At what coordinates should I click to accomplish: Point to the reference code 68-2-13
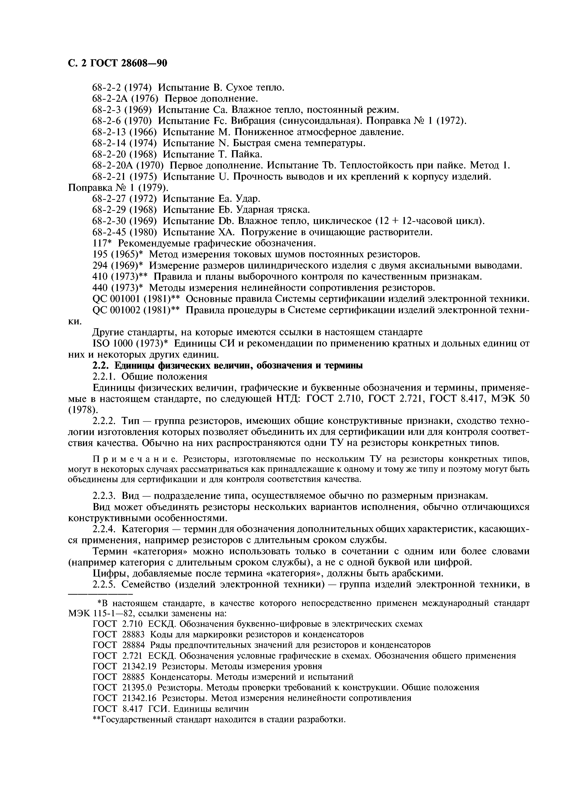pos(109,132)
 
